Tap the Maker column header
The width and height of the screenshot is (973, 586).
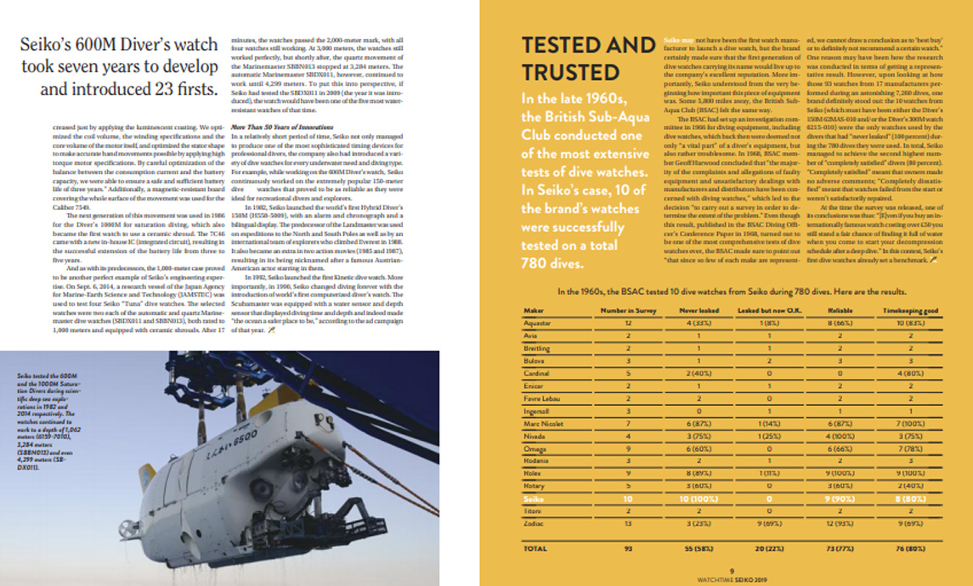point(536,312)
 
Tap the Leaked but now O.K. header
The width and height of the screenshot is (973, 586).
point(761,312)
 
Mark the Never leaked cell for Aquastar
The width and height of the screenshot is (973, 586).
point(698,324)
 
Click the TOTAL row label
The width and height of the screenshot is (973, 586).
point(536,549)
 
